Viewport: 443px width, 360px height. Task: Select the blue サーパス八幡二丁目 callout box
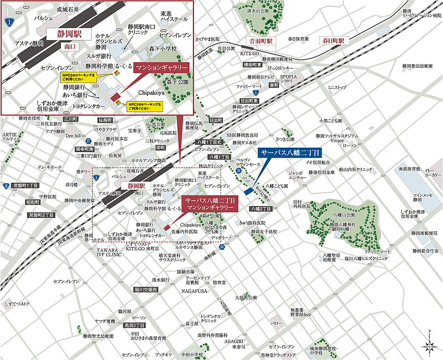click(291, 152)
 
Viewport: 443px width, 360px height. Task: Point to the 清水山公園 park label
click(258, 10)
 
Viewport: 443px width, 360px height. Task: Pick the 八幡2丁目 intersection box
click(261, 209)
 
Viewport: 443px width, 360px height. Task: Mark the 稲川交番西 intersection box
click(145, 290)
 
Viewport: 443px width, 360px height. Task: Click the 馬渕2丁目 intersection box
click(134, 325)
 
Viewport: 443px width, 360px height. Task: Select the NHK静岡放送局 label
click(242, 135)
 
